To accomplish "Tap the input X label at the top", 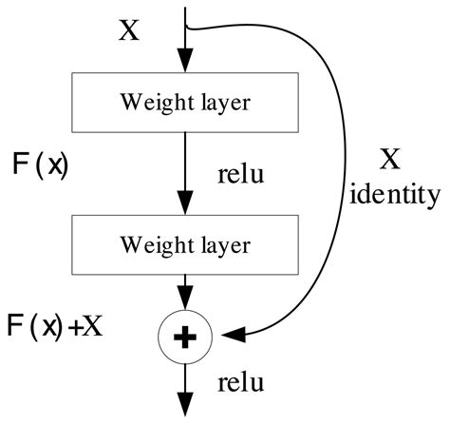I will coord(128,31).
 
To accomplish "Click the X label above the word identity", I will coord(390,158).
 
